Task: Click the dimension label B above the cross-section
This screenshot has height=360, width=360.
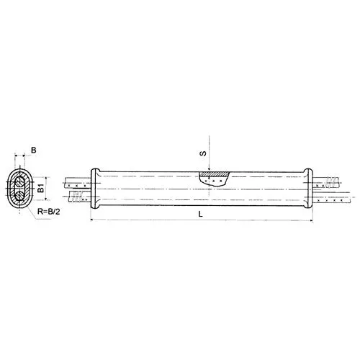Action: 34,150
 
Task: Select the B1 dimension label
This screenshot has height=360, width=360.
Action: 41,188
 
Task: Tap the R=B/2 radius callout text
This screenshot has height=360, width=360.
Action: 49,212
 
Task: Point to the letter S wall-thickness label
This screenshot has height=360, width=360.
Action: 203,153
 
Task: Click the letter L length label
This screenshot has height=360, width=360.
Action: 201,214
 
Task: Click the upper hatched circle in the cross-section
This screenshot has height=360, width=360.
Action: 19,182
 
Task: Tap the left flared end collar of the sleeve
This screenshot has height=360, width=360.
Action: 95,189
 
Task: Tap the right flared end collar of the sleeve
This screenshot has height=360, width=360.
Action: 308,189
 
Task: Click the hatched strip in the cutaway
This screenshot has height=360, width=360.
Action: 214,174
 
